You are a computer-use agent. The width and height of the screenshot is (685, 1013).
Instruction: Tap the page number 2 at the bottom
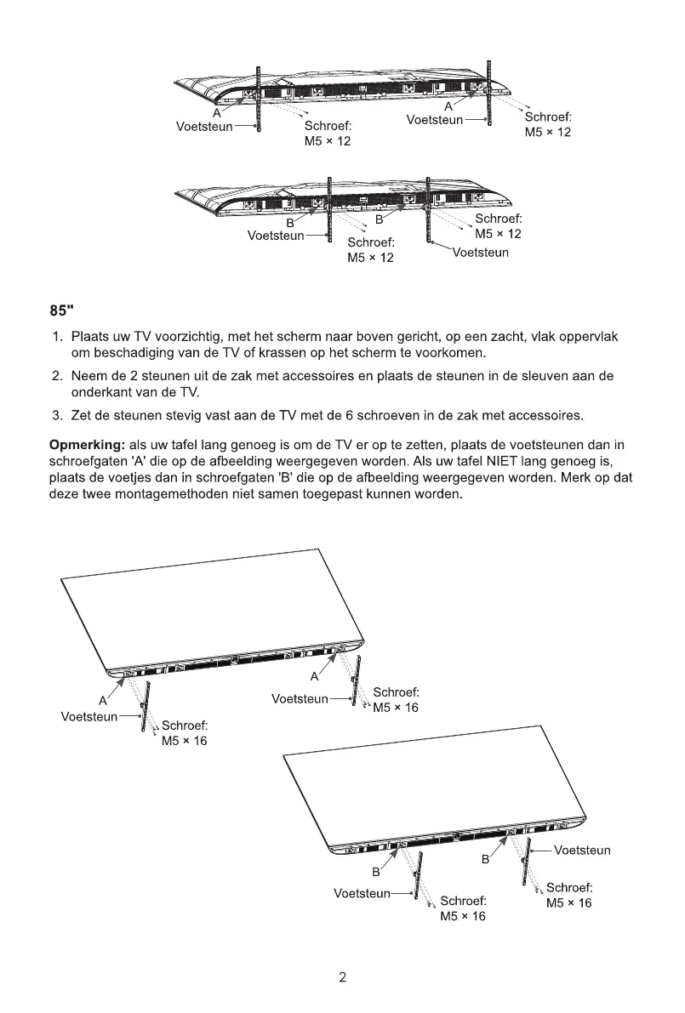pos(342,977)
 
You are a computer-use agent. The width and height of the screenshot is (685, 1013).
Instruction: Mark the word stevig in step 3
pos(184,415)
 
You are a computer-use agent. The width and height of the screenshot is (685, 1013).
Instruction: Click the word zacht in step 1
pos(508,337)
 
